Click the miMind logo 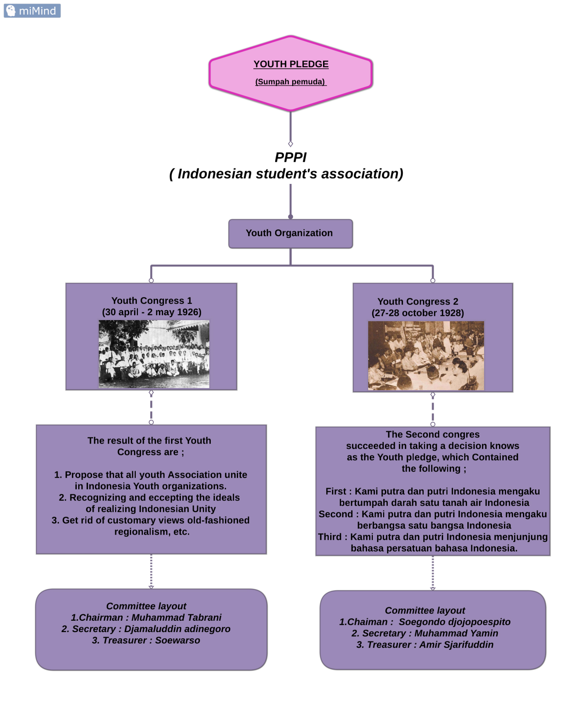(x=32, y=11)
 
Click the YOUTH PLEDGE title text (x=291, y=64)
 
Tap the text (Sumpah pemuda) (x=290, y=82)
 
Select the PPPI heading (x=290, y=157)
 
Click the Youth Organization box (x=290, y=233)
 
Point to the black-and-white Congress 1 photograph (x=154, y=354)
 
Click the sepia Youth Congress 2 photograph (x=426, y=356)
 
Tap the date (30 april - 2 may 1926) (x=152, y=312)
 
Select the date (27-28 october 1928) (x=418, y=313)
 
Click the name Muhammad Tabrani (x=176, y=617)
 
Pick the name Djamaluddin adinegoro (x=177, y=629)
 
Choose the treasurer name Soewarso (x=177, y=640)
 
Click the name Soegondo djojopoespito (x=454, y=622)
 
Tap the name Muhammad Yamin (x=456, y=633)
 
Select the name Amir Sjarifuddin (x=456, y=645)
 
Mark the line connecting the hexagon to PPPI (x=290, y=126)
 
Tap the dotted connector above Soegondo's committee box (x=433, y=573)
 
